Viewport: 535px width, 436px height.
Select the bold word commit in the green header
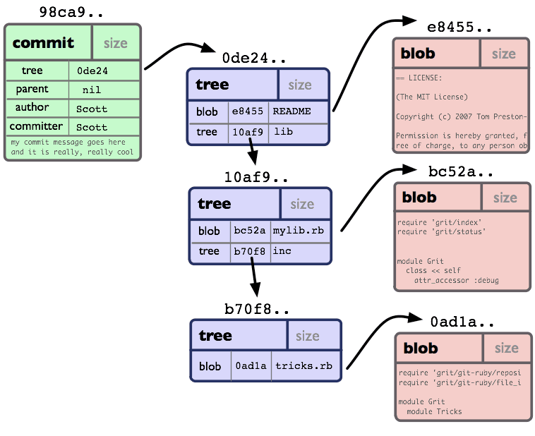[x=43, y=43]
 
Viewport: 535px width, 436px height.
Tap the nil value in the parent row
[x=91, y=90]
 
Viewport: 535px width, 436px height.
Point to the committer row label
[x=36, y=126]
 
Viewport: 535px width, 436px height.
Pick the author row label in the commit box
[x=32, y=107]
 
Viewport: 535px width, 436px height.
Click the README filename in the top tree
[x=291, y=111]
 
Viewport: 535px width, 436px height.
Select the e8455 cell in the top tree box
[x=247, y=111]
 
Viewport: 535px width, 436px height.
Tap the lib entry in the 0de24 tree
[x=283, y=132]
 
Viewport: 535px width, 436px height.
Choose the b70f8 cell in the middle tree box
[x=249, y=251]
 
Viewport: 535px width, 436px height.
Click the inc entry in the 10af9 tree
[x=282, y=251]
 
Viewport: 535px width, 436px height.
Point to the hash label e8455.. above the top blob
[x=460, y=27]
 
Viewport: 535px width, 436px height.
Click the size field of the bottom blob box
[x=506, y=348]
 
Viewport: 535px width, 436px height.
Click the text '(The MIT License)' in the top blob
[x=432, y=97]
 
